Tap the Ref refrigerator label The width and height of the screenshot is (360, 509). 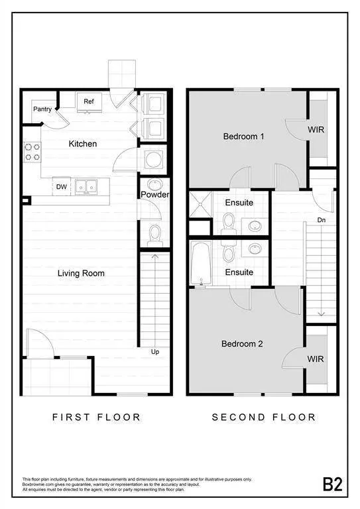click(88, 101)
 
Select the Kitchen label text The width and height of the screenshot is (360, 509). click(83, 143)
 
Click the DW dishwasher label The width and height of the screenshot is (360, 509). click(61, 188)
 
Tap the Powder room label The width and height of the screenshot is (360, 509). click(155, 195)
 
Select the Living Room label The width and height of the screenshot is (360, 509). click(81, 273)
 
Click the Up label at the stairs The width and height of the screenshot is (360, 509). click(155, 351)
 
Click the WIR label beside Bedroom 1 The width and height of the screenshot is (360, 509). click(316, 130)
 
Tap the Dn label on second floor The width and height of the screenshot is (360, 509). click(321, 219)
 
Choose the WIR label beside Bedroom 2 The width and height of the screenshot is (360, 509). click(316, 359)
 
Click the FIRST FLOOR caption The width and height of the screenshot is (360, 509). click(97, 417)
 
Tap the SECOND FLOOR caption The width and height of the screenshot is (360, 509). click(264, 417)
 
